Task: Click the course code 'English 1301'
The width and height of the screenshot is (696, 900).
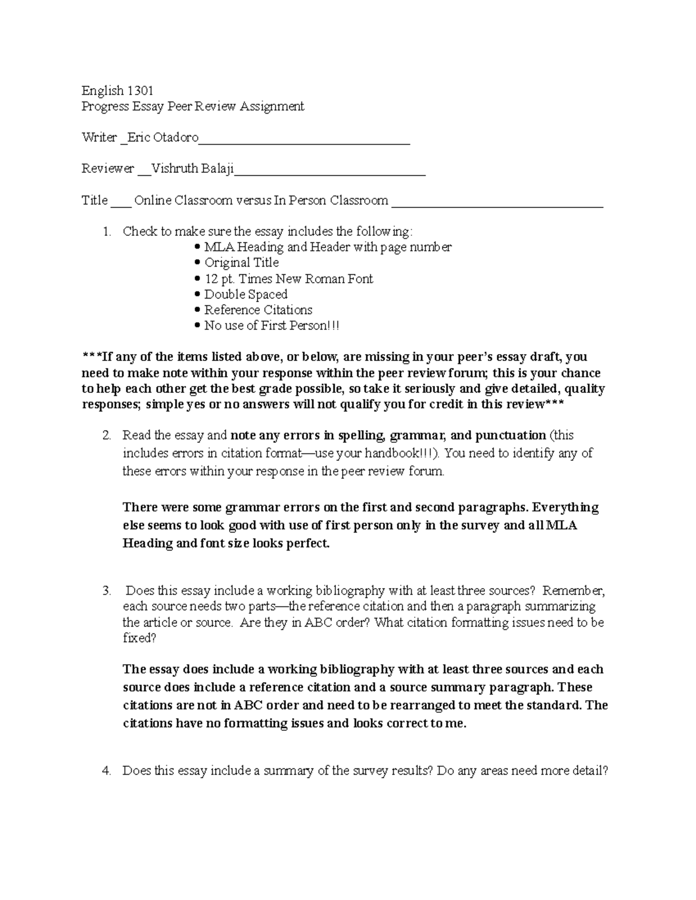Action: click(x=117, y=90)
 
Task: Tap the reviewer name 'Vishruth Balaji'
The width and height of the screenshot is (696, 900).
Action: click(x=193, y=169)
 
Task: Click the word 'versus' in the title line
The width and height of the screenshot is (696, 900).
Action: click(x=253, y=201)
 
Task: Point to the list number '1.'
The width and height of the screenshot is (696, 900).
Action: click(x=106, y=232)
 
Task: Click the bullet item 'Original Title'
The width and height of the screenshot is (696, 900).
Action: click(x=241, y=263)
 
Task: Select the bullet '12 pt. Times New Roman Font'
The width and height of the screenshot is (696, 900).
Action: click(x=288, y=279)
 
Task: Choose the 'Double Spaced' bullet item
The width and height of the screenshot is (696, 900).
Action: click(x=245, y=294)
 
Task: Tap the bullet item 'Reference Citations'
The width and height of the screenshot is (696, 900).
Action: click(x=258, y=310)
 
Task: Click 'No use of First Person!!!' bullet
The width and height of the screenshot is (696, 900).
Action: click(x=271, y=326)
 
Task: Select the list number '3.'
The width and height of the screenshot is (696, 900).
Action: click(x=106, y=591)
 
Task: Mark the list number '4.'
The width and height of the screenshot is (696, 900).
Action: click(x=106, y=771)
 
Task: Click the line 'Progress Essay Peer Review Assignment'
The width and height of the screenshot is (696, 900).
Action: click(x=193, y=107)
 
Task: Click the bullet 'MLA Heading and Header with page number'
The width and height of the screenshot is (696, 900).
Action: click(x=328, y=247)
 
